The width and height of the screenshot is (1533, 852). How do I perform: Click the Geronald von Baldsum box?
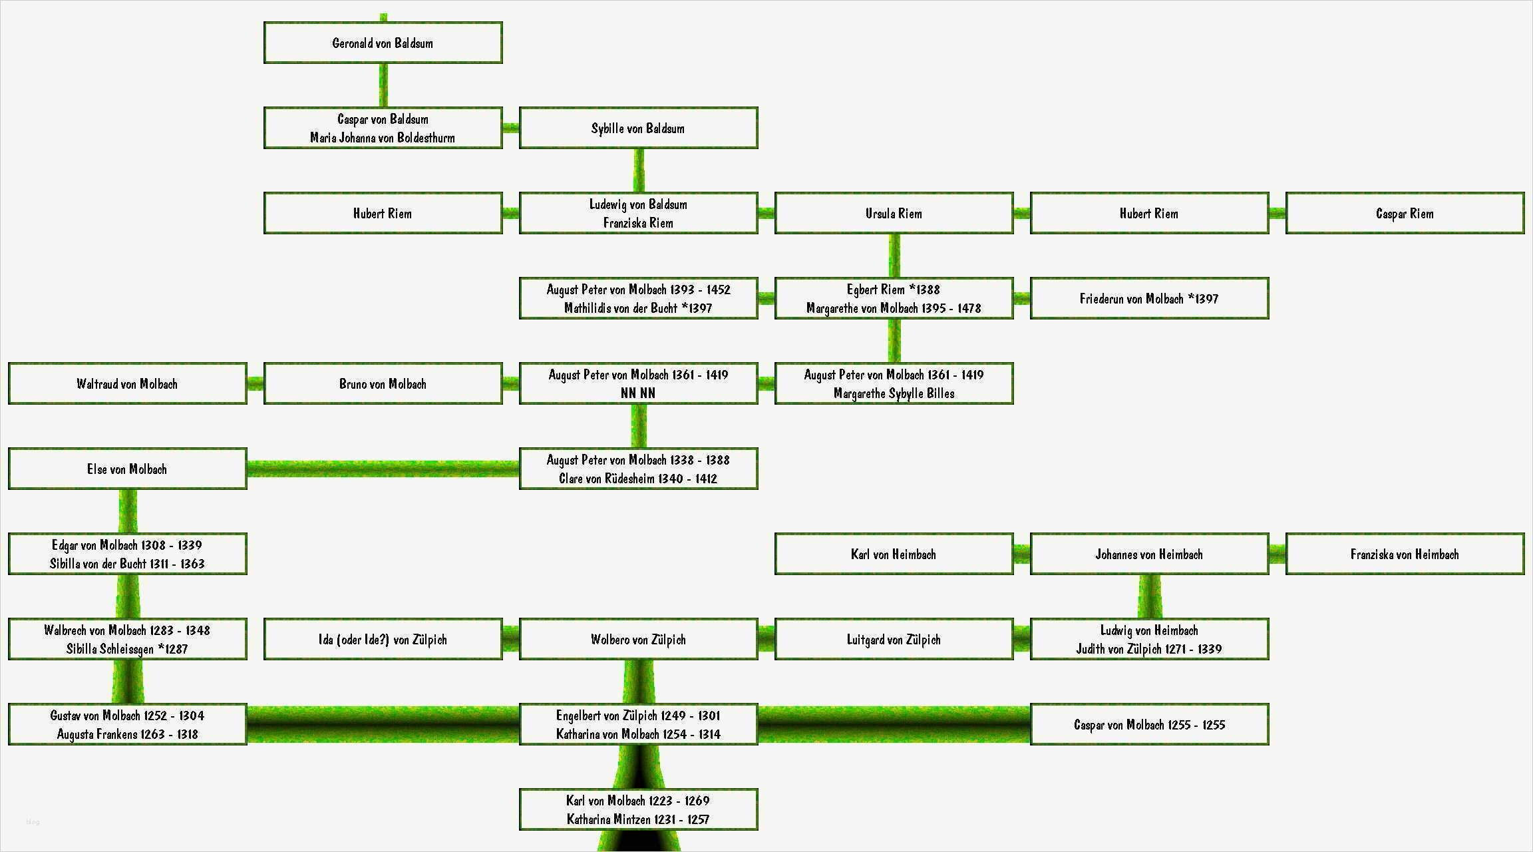point(383,43)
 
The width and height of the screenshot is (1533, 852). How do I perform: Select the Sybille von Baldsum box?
point(638,128)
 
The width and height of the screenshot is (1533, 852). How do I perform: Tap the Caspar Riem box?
point(1405,214)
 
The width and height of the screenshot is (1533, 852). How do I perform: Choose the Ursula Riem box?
point(894,214)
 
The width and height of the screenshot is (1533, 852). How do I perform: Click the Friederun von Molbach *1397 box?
point(1149,299)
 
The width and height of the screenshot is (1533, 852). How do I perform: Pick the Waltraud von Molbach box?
point(127,384)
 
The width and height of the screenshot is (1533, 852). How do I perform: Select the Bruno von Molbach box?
point(383,384)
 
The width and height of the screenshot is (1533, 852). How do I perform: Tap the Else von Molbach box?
point(127,469)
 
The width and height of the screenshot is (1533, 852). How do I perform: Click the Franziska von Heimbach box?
point(1405,554)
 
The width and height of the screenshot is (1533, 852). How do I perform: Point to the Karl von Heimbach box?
point(894,554)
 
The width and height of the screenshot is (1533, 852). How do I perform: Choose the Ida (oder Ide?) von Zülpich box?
point(383,640)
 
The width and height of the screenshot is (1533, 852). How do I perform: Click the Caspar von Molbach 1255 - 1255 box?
point(1149,725)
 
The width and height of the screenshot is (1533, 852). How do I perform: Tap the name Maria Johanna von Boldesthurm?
point(383,138)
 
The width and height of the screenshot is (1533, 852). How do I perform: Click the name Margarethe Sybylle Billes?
point(894,393)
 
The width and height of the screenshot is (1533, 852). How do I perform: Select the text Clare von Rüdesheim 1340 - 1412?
point(638,479)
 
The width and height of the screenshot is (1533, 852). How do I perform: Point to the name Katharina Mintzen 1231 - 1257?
point(638,819)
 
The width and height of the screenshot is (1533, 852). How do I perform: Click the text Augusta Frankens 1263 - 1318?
point(127,734)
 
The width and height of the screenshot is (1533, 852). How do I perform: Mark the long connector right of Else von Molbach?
point(383,469)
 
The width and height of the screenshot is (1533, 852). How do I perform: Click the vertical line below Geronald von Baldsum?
point(383,85)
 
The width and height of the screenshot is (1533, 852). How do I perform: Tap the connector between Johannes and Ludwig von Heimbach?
point(1150,596)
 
